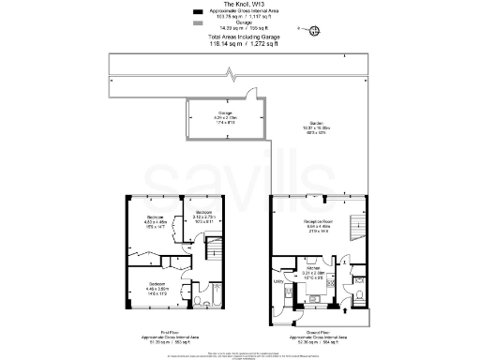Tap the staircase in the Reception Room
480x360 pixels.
353,227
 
